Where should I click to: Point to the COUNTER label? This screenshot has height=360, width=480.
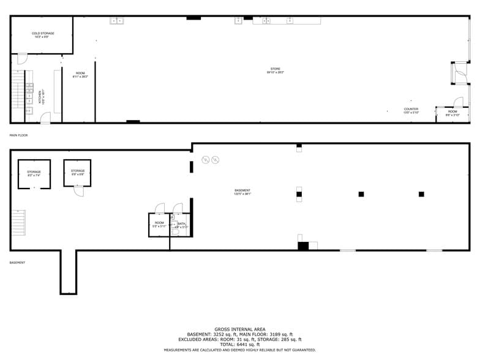411,110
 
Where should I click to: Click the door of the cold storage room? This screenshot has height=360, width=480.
21,59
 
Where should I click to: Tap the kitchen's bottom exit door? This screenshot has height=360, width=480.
45,118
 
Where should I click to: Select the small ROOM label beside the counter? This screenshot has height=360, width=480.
452,113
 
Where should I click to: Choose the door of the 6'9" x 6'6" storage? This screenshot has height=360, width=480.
78,190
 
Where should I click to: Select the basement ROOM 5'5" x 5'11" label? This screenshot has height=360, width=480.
159,224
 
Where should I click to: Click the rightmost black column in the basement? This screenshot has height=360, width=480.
421,194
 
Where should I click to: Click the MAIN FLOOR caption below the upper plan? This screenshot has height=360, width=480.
18,135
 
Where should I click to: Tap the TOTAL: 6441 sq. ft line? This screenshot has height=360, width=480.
240,344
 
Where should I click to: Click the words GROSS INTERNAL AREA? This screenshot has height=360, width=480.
240,329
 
